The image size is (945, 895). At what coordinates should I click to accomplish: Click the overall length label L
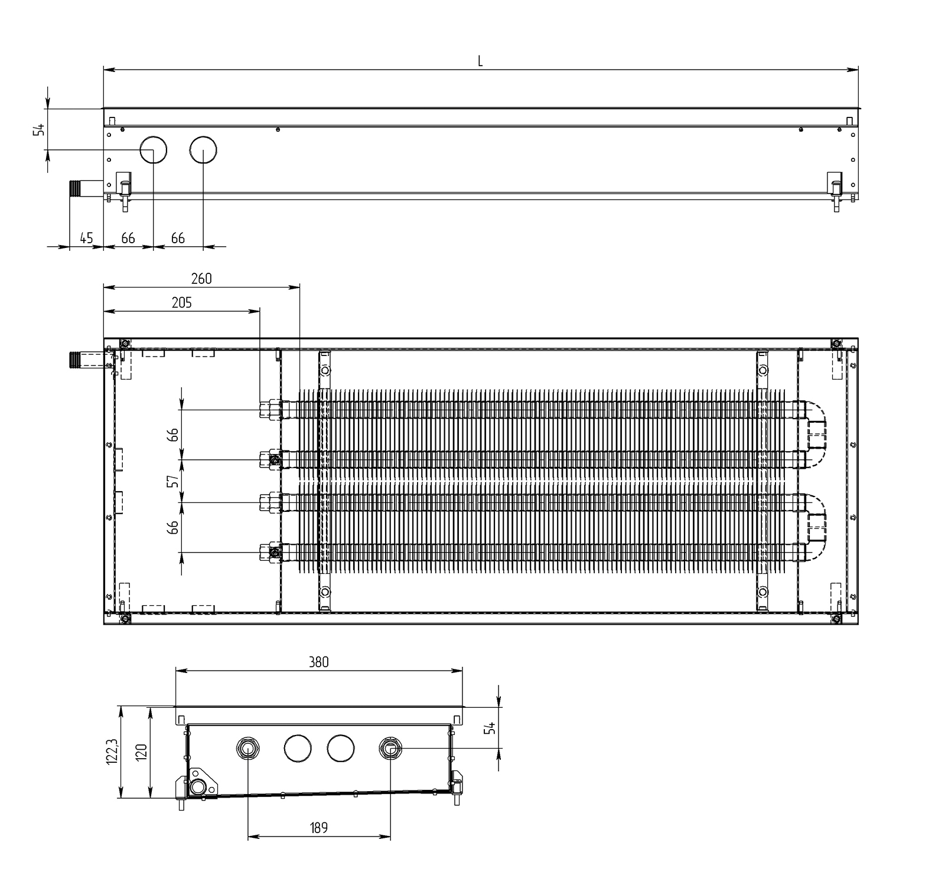[480, 61]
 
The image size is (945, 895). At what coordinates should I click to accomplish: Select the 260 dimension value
[201, 279]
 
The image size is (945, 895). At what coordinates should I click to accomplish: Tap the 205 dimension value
[182, 302]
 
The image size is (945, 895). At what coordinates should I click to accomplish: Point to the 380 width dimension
[318, 662]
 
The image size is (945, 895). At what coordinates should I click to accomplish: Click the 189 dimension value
[318, 828]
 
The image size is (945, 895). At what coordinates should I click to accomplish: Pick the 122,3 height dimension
[113, 753]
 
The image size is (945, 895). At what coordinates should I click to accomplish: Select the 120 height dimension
[142, 753]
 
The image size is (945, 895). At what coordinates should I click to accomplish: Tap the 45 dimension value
[86, 238]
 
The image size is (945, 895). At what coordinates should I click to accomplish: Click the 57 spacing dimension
[172, 481]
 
